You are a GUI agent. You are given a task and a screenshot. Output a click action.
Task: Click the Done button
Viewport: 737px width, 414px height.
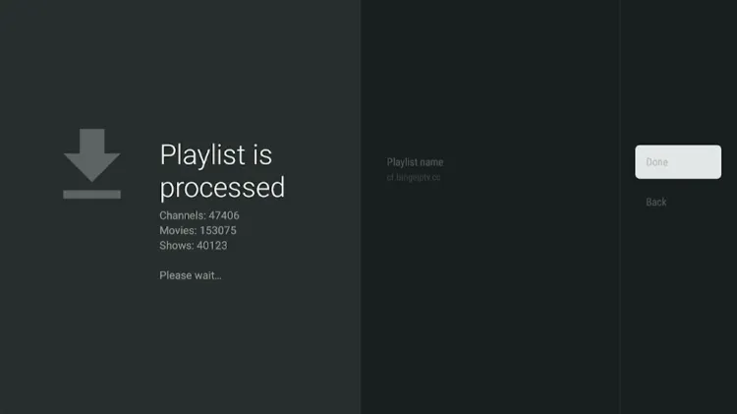point(677,162)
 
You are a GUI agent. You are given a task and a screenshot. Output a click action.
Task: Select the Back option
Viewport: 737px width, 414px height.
point(656,203)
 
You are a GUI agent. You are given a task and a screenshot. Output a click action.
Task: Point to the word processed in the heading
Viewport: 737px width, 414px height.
point(222,187)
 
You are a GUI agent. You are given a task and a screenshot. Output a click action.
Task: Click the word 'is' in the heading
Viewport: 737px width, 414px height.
point(262,154)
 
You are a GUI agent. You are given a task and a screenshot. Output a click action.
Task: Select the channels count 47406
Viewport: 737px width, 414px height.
point(223,215)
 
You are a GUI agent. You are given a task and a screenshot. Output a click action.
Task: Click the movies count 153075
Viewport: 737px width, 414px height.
point(217,230)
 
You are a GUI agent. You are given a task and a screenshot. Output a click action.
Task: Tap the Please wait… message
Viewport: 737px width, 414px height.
point(191,275)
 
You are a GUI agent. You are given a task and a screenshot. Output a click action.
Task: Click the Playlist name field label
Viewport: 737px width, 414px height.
point(415,162)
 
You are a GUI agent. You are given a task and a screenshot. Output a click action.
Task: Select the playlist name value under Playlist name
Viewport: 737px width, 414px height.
point(414,178)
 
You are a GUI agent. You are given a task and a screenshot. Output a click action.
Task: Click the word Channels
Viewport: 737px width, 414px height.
point(181,215)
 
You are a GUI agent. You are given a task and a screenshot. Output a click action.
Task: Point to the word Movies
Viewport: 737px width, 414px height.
point(177,230)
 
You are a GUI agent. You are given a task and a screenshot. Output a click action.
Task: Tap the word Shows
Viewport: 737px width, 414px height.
point(175,245)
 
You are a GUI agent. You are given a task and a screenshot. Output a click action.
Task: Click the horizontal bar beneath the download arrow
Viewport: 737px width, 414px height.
point(91,194)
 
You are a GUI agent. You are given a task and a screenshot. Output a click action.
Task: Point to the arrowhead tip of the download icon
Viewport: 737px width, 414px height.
point(91,180)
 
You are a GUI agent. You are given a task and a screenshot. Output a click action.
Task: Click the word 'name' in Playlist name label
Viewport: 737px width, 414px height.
point(430,162)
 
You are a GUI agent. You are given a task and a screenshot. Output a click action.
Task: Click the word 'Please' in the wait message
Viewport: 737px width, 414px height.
point(174,275)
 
